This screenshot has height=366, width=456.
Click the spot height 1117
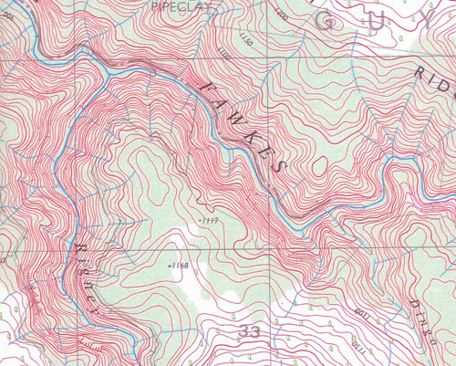209,221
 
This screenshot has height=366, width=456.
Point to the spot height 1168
179,266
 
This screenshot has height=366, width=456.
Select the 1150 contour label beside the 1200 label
244,37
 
